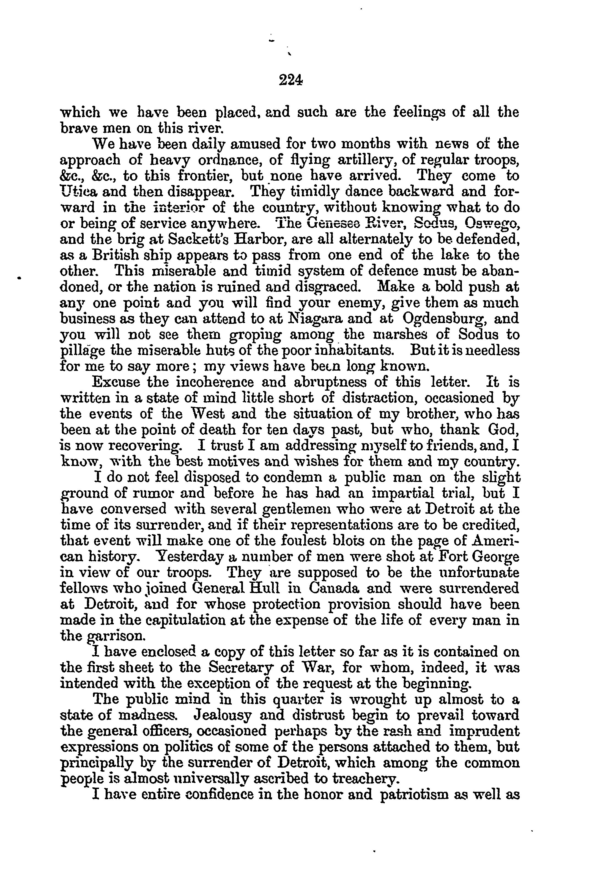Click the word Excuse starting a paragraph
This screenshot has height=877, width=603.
point(116,382)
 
